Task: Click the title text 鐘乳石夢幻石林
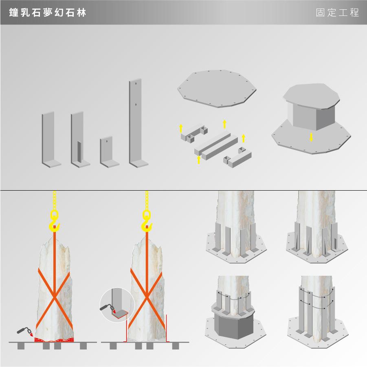tap(48, 13)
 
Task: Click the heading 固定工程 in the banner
tap(337, 13)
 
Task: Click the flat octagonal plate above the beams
tap(217, 88)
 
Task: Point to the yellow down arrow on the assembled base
tap(311, 137)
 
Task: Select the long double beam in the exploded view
tap(216, 145)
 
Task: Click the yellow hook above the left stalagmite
tap(54, 221)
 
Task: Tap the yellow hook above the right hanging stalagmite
tap(147, 221)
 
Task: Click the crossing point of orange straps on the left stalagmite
tap(54, 298)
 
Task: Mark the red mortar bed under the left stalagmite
tap(54, 340)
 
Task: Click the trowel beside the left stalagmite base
tap(25, 332)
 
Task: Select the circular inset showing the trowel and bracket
tap(117, 305)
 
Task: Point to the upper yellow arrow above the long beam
tap(225, 124)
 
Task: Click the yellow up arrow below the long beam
tap(199, 160)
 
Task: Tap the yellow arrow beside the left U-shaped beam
tap(181, 128)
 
